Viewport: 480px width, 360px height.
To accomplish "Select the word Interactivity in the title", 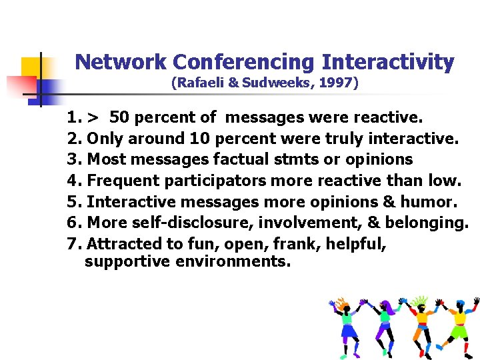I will (388, 62).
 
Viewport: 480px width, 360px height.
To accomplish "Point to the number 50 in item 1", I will (119, 118).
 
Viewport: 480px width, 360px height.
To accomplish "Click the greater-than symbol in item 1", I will (93, 118).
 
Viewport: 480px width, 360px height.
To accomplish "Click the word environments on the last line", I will (233, 261).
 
